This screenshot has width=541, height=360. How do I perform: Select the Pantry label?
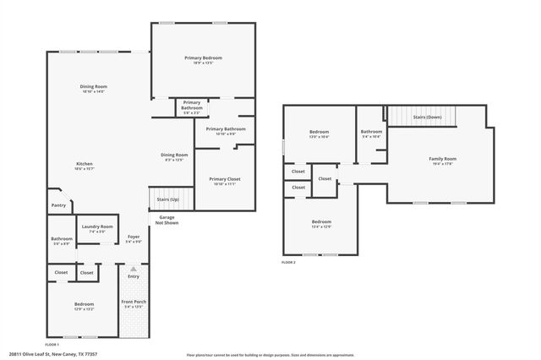58,205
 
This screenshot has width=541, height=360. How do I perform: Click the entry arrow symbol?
133,268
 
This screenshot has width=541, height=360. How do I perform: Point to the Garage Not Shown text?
167,221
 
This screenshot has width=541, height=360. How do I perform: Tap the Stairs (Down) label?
427,117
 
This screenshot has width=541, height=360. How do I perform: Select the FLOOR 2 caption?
289,263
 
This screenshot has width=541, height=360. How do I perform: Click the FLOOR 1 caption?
52,345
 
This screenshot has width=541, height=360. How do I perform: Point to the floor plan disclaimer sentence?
265,354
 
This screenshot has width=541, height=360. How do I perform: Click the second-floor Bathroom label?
372,133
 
